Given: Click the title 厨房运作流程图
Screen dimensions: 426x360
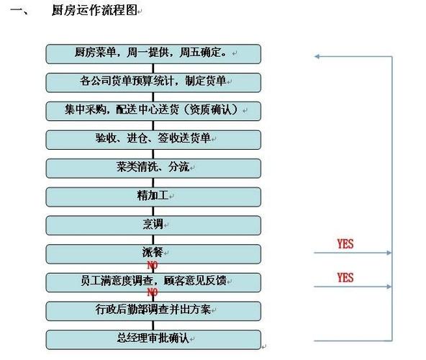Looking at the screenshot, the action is (94, 11).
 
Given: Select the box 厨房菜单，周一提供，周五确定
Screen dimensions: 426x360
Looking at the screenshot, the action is (153, 54).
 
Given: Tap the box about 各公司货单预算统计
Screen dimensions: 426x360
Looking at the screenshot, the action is (153, 83).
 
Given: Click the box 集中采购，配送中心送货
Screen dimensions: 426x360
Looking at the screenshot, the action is (153, 111).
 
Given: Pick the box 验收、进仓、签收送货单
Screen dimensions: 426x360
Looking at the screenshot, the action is (153, 140).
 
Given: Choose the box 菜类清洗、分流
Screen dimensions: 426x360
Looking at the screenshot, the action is (153, 168).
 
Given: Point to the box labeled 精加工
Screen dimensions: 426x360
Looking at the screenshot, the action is (153, 197).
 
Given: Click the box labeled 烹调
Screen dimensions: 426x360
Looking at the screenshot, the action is (153, 225).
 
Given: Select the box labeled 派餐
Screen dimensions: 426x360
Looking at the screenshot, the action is (153, 254).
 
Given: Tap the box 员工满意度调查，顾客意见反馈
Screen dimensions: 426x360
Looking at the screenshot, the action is (153, 283).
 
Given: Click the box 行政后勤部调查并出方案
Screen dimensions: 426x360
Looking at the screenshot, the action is (153, 311).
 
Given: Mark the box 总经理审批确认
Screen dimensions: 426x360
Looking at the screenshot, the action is (153, 340).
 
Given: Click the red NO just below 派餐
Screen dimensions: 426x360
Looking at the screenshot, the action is (153, 265).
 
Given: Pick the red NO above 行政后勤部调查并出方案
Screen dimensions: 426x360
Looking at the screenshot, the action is (153, 292).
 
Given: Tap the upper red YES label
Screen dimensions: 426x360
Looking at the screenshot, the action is (345, 244).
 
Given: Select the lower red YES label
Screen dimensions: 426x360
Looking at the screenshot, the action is (345, 278).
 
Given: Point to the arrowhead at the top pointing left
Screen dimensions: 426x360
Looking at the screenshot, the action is (317, 57).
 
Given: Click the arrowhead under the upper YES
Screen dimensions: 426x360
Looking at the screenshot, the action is (389, 253).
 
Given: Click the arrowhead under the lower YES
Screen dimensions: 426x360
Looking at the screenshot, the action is (389, 287).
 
